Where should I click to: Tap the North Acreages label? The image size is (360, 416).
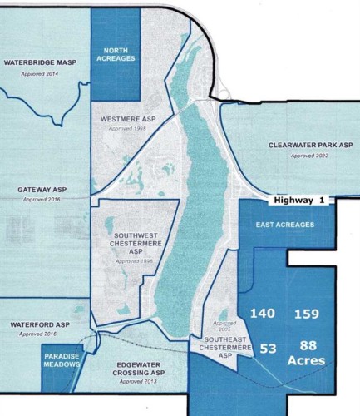(113, 54)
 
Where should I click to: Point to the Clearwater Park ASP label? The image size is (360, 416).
(310, 144)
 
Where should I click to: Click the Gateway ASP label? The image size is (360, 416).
(42, 191)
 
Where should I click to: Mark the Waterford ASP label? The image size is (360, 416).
(38, 324)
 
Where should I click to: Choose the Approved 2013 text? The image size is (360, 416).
(138, 382)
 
